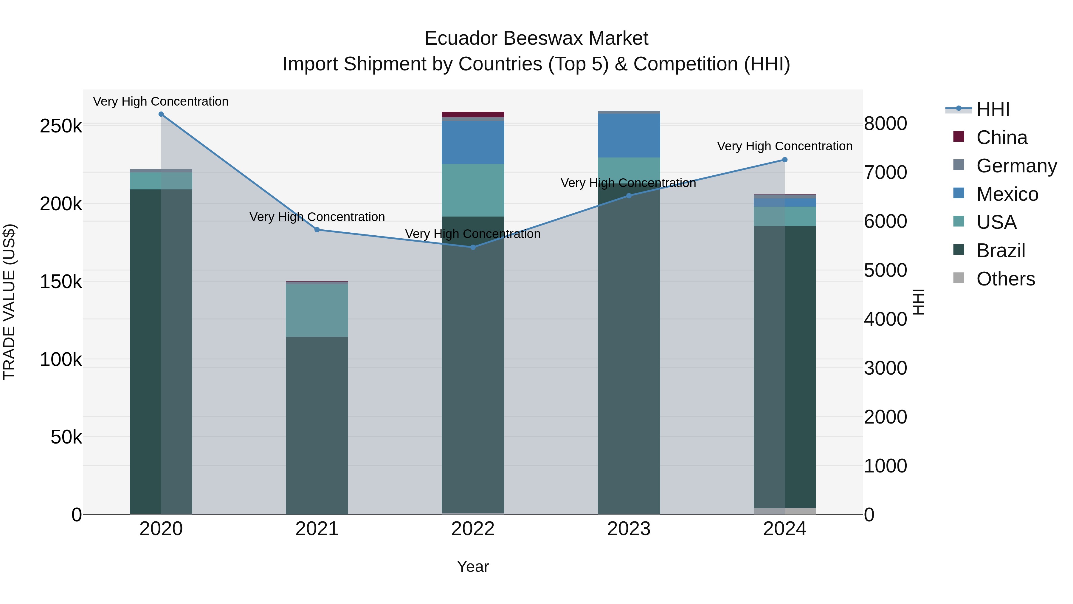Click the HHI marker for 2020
point(161,114)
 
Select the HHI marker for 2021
point(317,230)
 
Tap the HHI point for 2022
point(473,247)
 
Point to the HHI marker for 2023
point(629,195)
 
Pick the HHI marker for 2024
point(785,160)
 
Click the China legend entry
point(1002,138)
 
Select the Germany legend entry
point(1016,166)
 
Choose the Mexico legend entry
point(1007,194)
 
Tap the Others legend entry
point(1006,279)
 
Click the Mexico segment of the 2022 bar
point(473,143)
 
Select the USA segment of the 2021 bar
point(317,310)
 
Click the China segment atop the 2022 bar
point(473,115)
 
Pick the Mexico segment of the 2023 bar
point(629,135)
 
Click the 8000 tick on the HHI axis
point(885,124)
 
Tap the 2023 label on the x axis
point(629,529)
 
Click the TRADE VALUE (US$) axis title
point(9,302)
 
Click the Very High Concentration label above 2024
point(785,146)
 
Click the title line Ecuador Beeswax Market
point(536,38)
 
